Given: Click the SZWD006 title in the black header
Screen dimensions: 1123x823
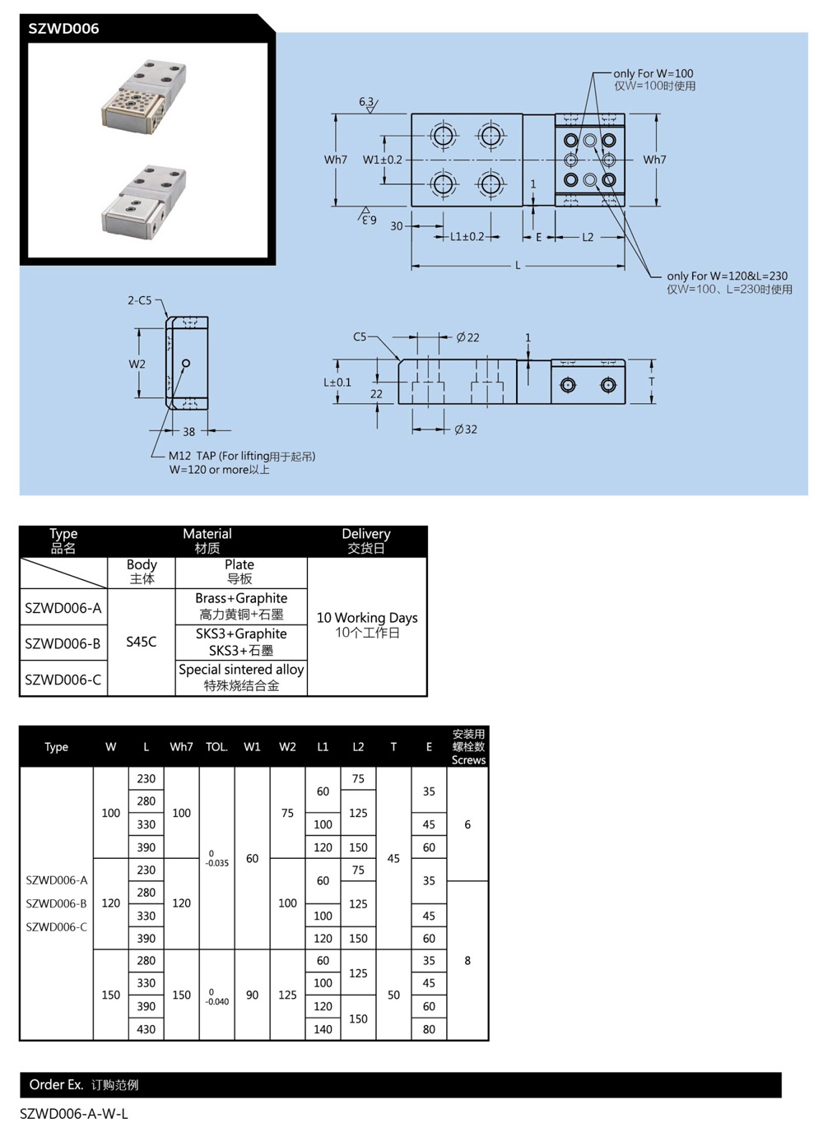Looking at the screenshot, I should pos(63,29).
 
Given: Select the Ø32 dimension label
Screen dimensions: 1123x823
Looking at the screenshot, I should pos(466,429).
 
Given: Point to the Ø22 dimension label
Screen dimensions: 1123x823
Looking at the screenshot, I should pos(467,337).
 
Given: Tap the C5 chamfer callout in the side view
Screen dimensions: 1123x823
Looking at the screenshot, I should pos(360,336).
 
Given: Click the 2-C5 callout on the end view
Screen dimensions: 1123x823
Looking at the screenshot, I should pos(139,300).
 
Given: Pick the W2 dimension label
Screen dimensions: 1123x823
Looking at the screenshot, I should pos(137,364).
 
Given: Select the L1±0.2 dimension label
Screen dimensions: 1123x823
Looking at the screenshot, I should pos(467,237).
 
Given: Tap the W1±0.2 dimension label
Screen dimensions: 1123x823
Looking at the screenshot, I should pos(383,160).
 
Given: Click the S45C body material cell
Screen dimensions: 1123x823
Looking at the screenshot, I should pos(141,642).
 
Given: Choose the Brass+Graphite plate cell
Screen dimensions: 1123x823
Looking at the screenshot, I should pos(241,606).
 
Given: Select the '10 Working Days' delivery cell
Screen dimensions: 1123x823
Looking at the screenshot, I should pos(367,624).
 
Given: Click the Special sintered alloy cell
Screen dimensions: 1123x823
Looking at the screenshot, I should pos(241,677).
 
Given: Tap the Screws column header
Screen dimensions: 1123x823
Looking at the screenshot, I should pos(468,747).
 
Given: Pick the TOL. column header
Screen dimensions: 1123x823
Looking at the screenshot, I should pos(216,747).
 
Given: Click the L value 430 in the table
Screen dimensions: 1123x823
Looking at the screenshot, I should pos(146,1029).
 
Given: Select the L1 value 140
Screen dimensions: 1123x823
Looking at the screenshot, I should pos(323,1029).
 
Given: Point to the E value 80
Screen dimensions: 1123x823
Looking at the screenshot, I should pos(429,1029).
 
